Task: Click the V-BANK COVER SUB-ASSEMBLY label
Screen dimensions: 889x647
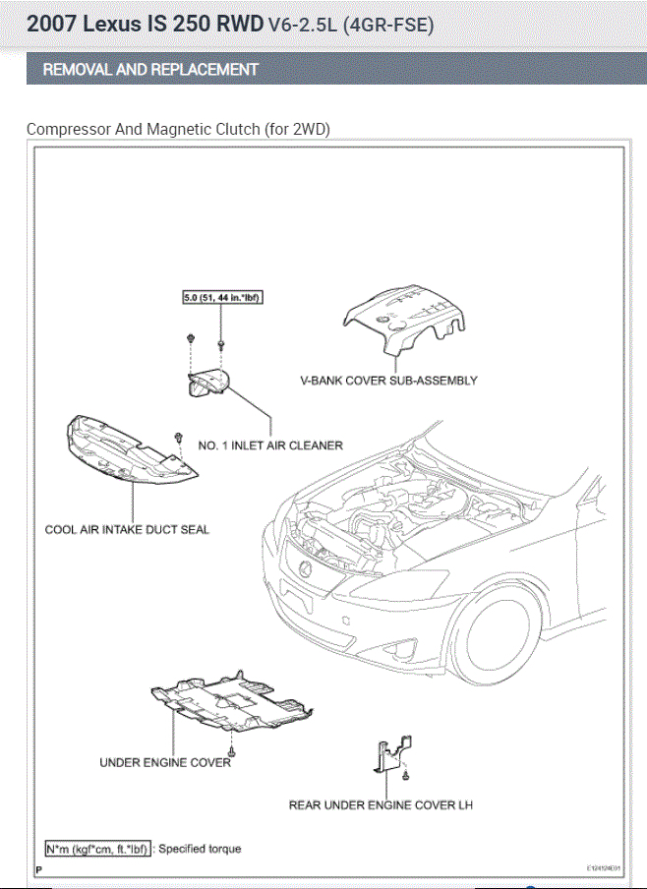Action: click(388, 381)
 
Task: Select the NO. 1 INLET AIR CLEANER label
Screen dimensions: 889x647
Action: click(270, 445)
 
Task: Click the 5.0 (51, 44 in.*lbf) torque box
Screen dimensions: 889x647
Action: click(221, 298)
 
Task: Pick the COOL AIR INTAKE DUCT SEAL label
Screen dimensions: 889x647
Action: click(127, 529)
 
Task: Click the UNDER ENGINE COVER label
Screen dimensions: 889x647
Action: click(165, 762)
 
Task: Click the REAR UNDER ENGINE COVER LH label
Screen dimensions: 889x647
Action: click(381, 805)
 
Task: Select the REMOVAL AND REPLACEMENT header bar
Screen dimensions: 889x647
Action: click(323, 70)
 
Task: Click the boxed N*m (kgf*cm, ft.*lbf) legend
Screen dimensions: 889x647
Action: click(97, 849)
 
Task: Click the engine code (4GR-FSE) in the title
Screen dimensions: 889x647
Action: click(387, 26)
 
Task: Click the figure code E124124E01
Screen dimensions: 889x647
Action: click(605, 869)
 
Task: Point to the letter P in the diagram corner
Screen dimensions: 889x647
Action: click(38, 869)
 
